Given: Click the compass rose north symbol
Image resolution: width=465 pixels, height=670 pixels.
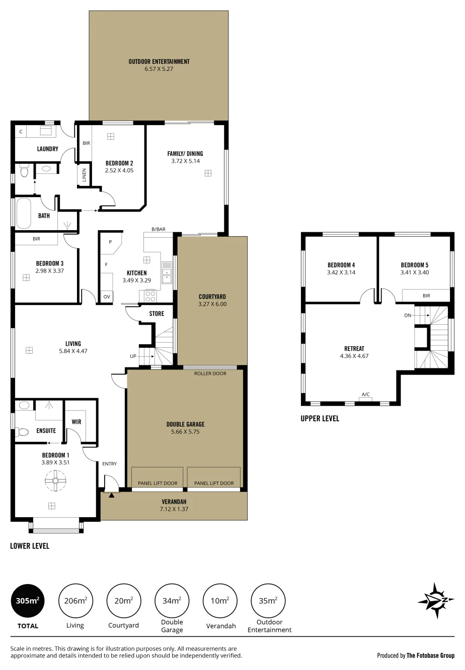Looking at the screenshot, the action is click(x=436, y=600).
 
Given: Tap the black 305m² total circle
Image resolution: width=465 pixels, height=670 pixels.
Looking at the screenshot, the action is click(x=28, y=601).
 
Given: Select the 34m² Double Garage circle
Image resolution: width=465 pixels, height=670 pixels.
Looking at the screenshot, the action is click(x=172, y=601).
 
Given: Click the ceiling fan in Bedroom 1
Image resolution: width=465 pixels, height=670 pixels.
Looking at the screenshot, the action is click(x=55, y=481).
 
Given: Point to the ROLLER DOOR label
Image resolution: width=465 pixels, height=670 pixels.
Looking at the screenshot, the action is click(x=210, y=373).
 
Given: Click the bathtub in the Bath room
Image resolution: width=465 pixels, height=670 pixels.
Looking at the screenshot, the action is click(x=24, y=213).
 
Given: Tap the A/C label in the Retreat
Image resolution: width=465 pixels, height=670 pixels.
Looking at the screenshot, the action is click(x=365, y=394).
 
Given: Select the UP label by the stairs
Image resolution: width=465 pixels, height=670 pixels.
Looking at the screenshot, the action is click(x=133, y=356).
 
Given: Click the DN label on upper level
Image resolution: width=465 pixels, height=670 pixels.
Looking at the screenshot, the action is click(x=408, y=315).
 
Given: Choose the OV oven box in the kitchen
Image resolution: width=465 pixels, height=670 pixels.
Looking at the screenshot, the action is click(x=107, y=297).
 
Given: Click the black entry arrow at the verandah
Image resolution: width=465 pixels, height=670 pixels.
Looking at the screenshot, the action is click(x=112, y=495).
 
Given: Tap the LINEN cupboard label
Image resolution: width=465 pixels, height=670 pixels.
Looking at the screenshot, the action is click(x=84, y=175).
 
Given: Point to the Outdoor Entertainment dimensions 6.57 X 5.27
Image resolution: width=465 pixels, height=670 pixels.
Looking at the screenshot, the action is click(x=159, y=69).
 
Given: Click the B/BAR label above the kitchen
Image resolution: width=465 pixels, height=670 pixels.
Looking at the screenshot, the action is click(x=159, y=229).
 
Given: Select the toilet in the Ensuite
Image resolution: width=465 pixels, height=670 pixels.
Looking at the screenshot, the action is click(x=22, y=432).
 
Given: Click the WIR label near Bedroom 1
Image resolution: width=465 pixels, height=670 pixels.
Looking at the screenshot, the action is click(x=76, y=422).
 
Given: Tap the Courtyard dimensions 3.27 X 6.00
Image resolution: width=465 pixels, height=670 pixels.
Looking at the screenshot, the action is click(x=212, y=304).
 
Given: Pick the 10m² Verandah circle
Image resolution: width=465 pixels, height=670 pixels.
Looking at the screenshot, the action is click(x=220, y=601).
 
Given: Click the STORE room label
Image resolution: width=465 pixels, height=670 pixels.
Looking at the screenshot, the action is click(x=157, y=314).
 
